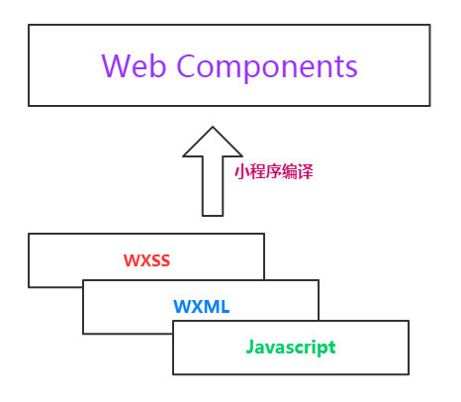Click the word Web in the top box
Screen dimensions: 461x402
point(134,66)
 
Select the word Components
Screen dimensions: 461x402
point(267,68)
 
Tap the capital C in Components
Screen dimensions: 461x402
point(188,66)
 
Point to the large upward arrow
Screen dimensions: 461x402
point(213,171)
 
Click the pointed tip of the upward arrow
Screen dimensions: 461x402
point(213,127)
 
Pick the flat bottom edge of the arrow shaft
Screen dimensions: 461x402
point(213,216)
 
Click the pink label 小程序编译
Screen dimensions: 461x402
point(274,172)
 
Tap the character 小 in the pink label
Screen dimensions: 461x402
point(242,172)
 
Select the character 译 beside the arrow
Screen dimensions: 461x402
point(306,172)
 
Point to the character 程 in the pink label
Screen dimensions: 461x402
point(257,172)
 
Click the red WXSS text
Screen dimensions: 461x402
point(146,260)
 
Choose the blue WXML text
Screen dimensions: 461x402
point(202,307)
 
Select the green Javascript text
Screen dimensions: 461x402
point(291,348)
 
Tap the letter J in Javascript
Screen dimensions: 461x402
point(250,347)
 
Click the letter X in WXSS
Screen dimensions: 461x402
point(145,260)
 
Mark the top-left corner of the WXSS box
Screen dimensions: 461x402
point(29,234)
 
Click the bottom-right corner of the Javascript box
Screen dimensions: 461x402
point(409,374)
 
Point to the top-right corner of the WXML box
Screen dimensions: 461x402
point(319,280)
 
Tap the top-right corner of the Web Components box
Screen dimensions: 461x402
point(430,25)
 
